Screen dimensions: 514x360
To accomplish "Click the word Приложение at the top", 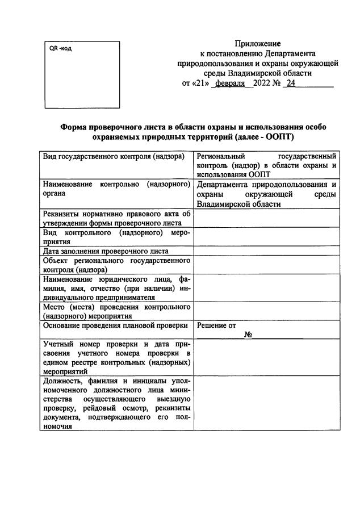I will click(258, 44).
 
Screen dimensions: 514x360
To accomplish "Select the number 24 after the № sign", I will click(291, 83).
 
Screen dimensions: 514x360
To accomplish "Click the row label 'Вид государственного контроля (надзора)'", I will click(114, 156).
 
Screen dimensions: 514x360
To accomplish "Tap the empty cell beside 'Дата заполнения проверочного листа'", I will click(266, 250).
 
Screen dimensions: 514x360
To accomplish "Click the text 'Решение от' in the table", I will click(216, 326).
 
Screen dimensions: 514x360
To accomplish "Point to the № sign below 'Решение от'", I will click(248, 335).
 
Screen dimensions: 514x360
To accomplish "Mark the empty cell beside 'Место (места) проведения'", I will click(266, 311).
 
